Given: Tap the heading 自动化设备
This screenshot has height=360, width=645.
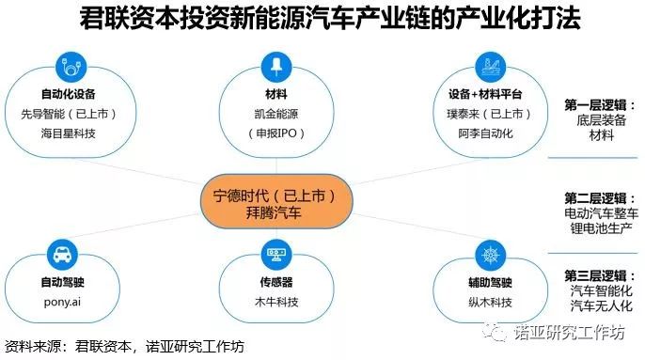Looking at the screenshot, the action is (x=67, y=95).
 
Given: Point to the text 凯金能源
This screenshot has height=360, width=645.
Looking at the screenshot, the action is (x=276, y=112).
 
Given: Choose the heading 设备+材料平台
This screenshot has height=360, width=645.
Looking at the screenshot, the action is (x=485, y=95).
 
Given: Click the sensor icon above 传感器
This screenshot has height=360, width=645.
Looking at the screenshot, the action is (x=276, y=255).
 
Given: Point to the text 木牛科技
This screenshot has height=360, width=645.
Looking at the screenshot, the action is (x=276, y=303).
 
